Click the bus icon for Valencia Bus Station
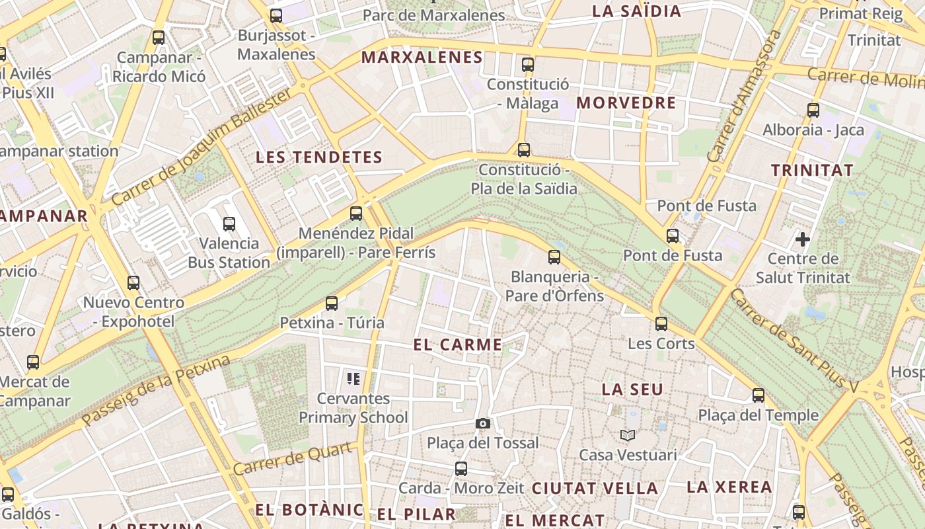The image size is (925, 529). coord(229,224)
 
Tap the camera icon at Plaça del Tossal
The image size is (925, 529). coord(483,423)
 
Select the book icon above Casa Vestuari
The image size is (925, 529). coord(627,435)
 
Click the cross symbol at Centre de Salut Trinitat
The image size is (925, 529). coord(803,239)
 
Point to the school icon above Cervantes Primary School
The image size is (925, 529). coord(353,379)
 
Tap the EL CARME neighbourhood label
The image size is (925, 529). coord(458,345)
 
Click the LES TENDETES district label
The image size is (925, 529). coord(319,157)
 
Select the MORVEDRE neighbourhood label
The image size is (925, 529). coord(626,103)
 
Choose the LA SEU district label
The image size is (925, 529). coord(632,389)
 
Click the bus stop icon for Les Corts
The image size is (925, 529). coord(661,324)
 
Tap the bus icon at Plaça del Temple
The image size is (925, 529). coord(758,395)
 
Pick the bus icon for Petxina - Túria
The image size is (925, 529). coord(332,304)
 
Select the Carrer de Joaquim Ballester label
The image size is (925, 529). coord(202,147)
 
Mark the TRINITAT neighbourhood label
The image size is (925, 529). coord(813,170)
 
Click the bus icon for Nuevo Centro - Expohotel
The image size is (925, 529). coord(133,283)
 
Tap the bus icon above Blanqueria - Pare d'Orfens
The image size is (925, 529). coord(554,257)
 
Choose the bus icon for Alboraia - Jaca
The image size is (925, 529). coord(813,110)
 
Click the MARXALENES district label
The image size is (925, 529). coord(422,58)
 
